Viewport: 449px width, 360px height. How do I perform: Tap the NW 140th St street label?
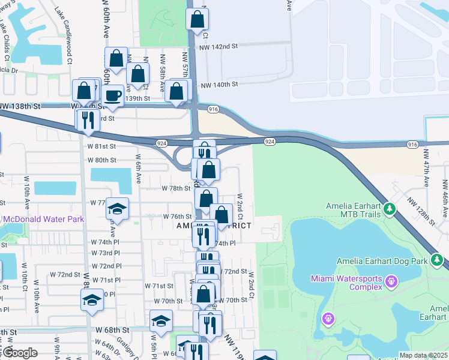coord(220,85)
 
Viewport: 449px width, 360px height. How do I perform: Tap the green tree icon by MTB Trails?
coord(390,209)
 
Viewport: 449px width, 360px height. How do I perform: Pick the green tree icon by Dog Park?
coord(438,260)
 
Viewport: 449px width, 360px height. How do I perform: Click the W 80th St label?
coord(101,160)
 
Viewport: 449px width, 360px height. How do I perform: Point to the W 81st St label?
coord(101,146)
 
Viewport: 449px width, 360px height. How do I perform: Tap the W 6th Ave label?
coord(138,171)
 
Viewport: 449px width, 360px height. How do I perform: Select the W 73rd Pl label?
coord(106,253)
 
